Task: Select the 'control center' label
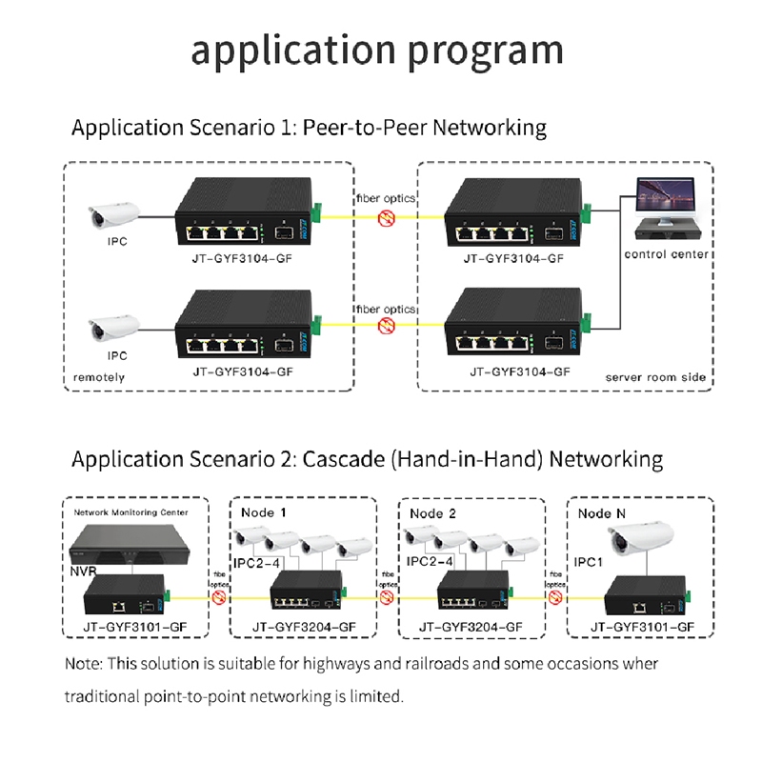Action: (x=667, y=254)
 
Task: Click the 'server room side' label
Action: (x=656, y=378)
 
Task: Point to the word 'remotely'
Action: (x=99, y=378)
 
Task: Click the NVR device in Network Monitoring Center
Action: (x=128, y=543)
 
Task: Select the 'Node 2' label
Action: (x=433, y=512)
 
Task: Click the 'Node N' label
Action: (x=602, y=512)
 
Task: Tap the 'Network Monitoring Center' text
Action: (x=131, y=511)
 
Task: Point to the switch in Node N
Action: (x=648, y=597)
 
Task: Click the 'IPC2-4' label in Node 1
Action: (x=261, y=562)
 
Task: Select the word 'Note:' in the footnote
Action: (x=84, y=664)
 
